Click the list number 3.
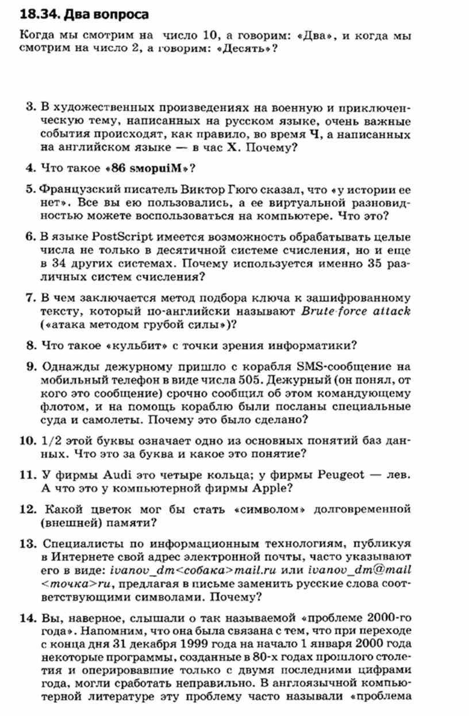point(31,107)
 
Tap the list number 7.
point(31,298)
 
